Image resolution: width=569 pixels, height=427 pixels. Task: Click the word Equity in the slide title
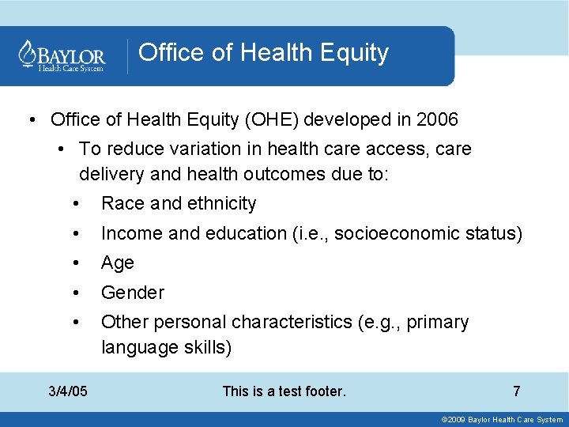pos(354,53)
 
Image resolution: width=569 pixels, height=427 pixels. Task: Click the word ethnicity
pos(220,203)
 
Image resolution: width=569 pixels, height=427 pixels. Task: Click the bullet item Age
pos(118,263)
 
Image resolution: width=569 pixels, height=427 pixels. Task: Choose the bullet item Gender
pos(133,293)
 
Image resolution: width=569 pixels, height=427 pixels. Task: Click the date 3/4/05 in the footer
pos(68,391)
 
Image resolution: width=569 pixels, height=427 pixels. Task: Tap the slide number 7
pos(516,391)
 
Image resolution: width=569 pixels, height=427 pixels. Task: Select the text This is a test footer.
pos(284,391)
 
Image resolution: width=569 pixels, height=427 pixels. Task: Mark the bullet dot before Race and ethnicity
pos(74,203)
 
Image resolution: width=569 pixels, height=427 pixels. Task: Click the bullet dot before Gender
pos(74,293)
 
